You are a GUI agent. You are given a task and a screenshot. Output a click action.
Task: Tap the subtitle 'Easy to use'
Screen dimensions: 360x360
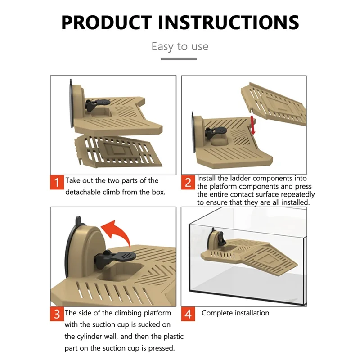[180, 47]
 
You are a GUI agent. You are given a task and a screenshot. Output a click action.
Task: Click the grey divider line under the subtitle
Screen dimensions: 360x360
[179, 59]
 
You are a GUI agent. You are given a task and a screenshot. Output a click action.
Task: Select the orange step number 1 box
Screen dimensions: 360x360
[57, 183]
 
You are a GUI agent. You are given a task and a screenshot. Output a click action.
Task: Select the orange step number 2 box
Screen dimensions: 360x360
[188, 183]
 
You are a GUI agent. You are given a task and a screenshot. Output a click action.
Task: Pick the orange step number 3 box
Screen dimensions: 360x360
[57, 314]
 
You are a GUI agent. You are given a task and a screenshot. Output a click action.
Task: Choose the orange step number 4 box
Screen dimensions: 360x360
[188, 314]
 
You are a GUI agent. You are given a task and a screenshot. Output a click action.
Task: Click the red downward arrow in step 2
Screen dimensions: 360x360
[253, 125]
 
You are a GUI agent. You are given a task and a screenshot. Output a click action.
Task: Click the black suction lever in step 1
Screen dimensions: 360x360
[96, 104]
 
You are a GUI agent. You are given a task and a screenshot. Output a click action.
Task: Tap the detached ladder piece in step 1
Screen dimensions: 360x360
[118, 150]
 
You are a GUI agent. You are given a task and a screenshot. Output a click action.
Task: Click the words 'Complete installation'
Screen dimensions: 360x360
[235, 313]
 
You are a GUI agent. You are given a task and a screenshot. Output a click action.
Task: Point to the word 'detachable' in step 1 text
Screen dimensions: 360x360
[83, 192]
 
